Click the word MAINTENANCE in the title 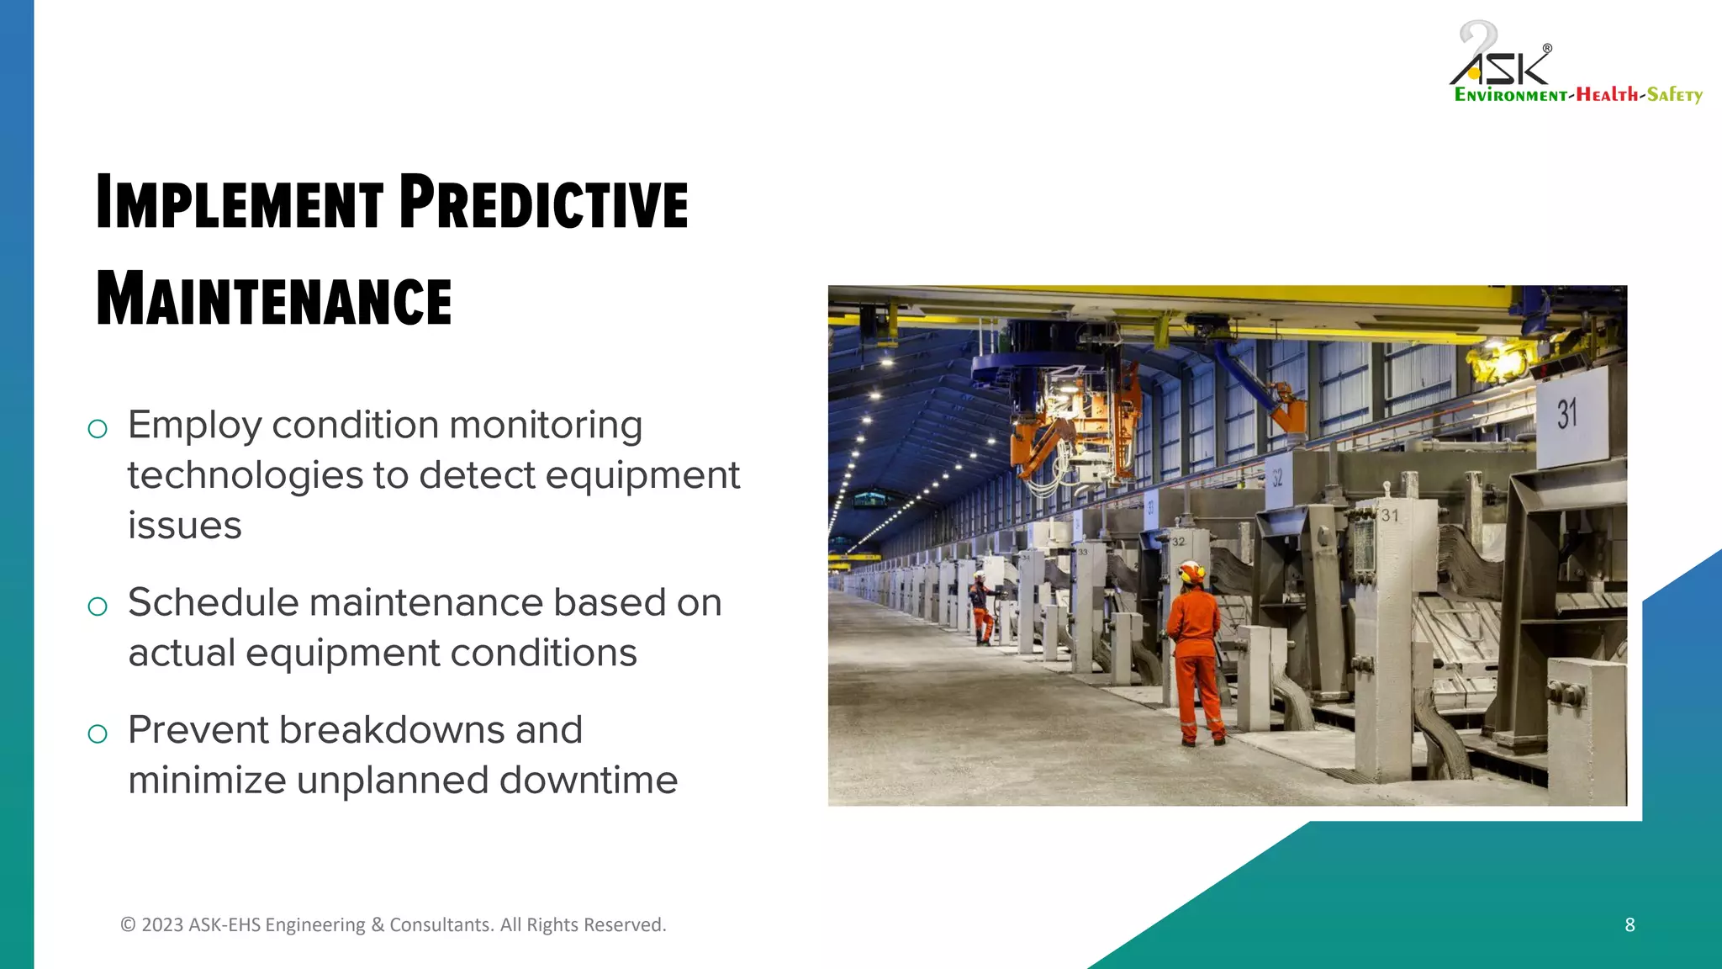[273, 299]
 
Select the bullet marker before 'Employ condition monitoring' [98, 429]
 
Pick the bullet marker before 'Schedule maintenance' [98, 606]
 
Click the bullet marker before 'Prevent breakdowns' [98, 733]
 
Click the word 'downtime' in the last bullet [589, 780]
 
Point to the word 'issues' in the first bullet [184, 526]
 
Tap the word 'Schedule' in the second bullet [213, 602]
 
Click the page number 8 [1630, 924]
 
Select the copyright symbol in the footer [128, 924]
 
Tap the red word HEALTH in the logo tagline [1607, 95]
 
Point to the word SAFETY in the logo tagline [1674, 95]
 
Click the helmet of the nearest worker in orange [1191, 573]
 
